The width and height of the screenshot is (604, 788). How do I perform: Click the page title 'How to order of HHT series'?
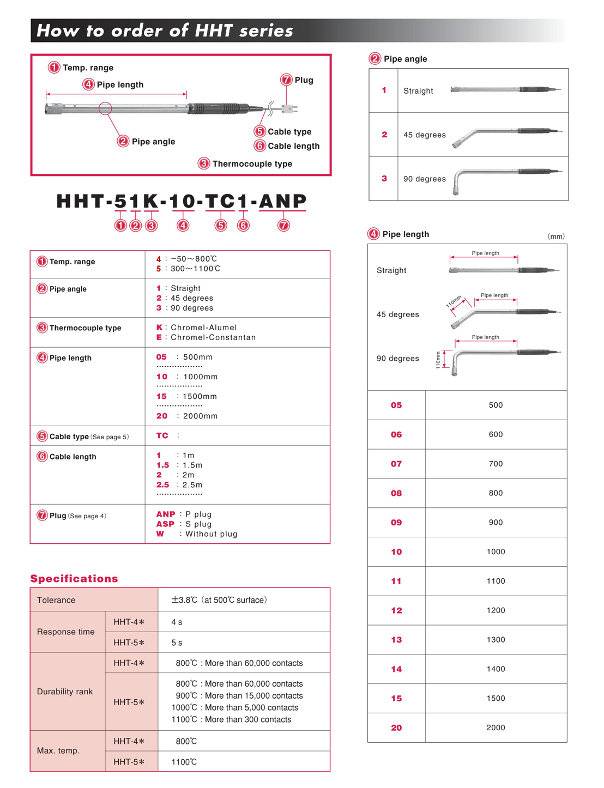pos(165,31)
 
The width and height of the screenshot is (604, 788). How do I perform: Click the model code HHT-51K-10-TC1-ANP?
pos(182,201)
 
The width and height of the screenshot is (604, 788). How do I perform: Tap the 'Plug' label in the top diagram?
pos(304,80)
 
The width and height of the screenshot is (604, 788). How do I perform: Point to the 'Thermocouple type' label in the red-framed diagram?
pos(252,164)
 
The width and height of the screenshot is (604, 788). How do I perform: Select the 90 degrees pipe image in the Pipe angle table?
pos(507,179)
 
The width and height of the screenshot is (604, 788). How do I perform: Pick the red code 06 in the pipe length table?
pos(396,435)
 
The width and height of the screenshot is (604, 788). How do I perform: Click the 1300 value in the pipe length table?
pos(496,640)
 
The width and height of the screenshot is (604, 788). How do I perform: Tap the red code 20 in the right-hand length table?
pos(396,728)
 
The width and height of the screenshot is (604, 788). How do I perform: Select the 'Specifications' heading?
pos(74,579)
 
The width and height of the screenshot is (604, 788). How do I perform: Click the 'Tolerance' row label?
pos(56,601)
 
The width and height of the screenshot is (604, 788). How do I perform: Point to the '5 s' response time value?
pos(177,643)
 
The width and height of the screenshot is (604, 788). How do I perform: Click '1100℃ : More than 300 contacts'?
pos(232,720)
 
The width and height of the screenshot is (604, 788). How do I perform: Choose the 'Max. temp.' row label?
pos(58,751)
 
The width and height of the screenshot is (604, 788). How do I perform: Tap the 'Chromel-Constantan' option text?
pos(213,338)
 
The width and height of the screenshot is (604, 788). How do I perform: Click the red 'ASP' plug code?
pos(165,524)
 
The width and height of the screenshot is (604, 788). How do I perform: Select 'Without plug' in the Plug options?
pos(212,534)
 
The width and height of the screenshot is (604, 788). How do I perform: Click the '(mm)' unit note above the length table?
pos(556,237)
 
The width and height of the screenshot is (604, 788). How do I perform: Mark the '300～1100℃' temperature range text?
pos(196,269)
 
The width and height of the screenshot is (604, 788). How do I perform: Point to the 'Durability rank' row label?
pos(65,692)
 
